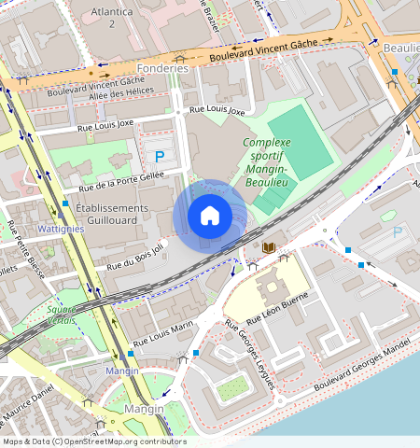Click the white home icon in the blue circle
pos(210,217)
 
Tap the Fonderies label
pos(162,68)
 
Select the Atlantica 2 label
pos(111,17)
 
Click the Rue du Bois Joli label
pos(134,258)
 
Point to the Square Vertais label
pos(63,315)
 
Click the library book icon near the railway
pos(270,246)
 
